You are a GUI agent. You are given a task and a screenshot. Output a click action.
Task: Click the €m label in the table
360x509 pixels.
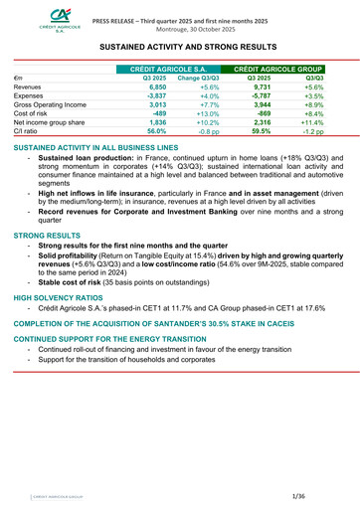click(19, 77)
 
